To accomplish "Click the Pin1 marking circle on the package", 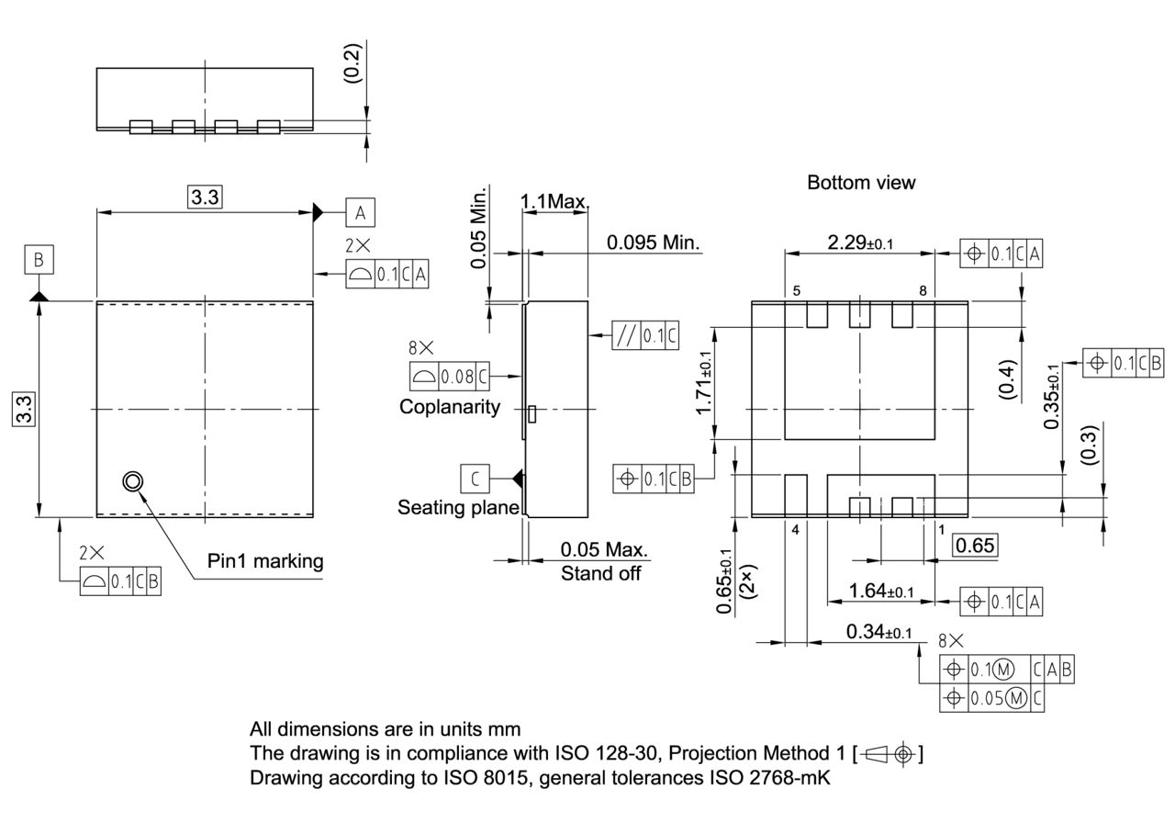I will coord(133,481).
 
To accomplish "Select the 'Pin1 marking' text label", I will coord(266,561).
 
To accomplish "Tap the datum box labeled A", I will coord(360,213).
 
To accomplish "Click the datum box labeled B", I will coord(39,260).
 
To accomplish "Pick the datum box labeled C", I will coord(475,479).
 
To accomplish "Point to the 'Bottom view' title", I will coord(860,183).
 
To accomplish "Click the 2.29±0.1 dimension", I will coord(860,242).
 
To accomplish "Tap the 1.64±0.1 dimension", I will coord(880,591).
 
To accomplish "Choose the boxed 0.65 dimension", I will coord(974,546).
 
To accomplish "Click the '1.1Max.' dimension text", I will coord(555,201).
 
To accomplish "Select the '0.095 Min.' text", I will coord(653,243).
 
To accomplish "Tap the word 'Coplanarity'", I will coord(450,407).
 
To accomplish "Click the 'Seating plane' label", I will coord(458,507).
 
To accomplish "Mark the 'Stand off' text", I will coord(600,574).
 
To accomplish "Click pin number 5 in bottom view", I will coord(796,291).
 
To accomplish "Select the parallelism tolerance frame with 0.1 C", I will coord(645,336).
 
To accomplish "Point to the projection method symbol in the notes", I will coord(890,754).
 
